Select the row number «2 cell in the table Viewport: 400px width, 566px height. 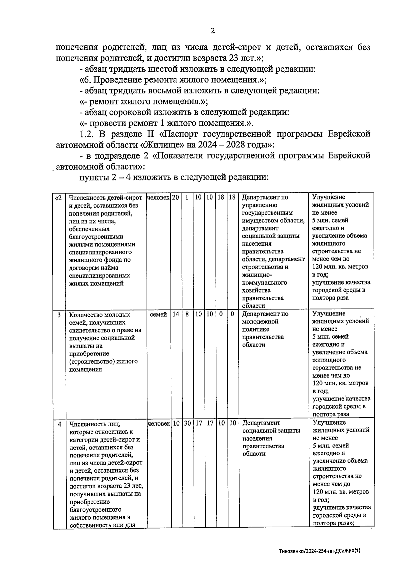click(58, 197)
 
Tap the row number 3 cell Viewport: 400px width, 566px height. click(59, 315)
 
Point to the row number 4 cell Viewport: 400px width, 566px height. click(59, 424)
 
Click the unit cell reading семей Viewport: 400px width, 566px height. click(159, 314)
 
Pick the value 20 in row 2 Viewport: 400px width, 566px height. click(176, 197)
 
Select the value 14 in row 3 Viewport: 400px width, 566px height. click(176, 314)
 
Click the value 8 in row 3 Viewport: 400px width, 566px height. click(187, 314)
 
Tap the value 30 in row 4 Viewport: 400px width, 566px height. click(187, 423)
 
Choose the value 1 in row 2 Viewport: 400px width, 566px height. click(187, 197)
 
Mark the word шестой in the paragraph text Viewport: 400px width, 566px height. click(162, 69)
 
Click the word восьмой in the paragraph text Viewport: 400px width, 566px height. click(164, 91)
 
